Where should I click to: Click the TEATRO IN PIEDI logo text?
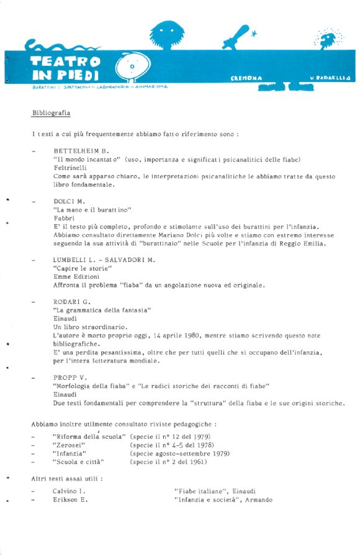click(x=65, y=68)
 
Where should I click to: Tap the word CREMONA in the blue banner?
click(x=246, y=79)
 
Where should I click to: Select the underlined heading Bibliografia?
click(x=51, y=114)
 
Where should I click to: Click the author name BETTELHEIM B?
click(x=81, y=151)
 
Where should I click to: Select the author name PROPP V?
click(x=70, y=377)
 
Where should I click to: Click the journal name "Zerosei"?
click(x=69, y=445)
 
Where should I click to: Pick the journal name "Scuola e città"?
click(x=78, y=462)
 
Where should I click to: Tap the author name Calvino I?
click(x=68, y=491)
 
